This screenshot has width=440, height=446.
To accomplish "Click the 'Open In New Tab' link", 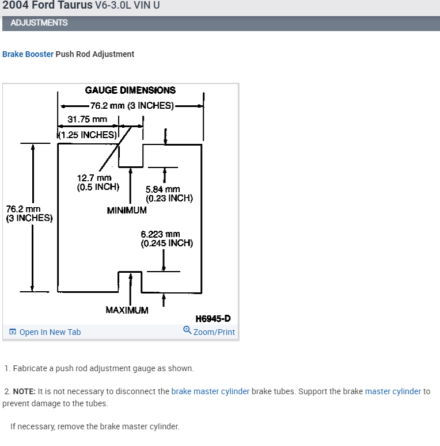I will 50,332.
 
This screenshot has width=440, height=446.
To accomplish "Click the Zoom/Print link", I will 214,332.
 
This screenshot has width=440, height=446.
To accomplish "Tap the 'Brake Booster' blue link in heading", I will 28,54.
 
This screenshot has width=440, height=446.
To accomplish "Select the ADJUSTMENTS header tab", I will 39,22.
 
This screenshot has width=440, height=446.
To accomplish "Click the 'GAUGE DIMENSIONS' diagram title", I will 130,90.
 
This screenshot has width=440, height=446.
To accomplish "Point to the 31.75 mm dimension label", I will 88,119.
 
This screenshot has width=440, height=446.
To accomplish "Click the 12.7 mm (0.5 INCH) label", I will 98,182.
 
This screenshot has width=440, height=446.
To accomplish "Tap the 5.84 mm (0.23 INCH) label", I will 169,193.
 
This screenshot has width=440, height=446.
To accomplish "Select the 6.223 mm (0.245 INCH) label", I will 166,238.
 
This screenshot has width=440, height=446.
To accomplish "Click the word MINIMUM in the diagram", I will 127,211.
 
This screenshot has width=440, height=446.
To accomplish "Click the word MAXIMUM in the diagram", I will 127,310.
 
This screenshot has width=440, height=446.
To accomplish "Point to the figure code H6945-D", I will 213,318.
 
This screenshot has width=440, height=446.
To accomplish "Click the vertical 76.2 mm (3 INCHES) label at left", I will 29,214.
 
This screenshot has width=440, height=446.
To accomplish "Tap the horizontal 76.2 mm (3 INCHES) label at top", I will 132,105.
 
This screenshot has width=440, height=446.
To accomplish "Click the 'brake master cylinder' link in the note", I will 210,391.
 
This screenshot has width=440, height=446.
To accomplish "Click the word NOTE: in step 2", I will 24,391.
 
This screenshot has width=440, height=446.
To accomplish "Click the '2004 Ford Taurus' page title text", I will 46,5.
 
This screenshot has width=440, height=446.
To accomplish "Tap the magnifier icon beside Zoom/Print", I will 187,330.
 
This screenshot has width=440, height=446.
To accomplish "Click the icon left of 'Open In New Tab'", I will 13,332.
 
